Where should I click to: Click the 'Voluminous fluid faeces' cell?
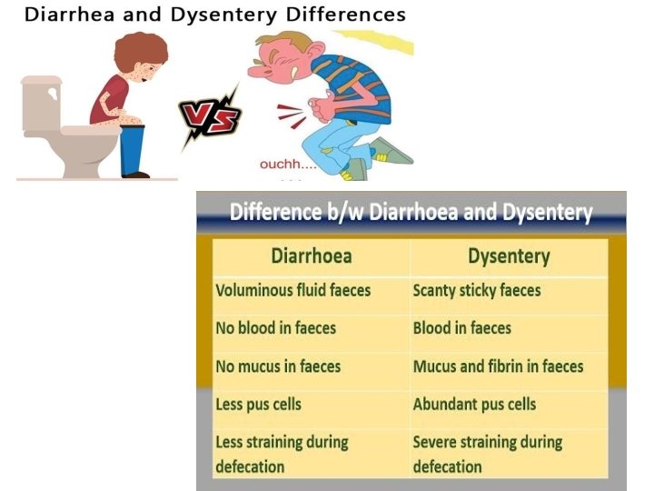tap(292, 291)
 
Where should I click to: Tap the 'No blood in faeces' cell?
tap(276, 328)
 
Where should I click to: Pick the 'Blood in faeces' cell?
tap(462, 328)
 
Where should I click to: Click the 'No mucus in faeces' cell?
tap(278, 366)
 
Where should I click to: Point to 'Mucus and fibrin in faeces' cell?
tap(498, 366)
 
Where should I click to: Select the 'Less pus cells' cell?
tap(258, 404)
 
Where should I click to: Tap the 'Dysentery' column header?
tap(509, 256)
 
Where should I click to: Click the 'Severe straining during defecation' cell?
tap(488, 454)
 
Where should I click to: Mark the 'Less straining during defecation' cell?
tap(282, 454)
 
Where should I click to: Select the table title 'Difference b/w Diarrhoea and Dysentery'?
tap(411, 214)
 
